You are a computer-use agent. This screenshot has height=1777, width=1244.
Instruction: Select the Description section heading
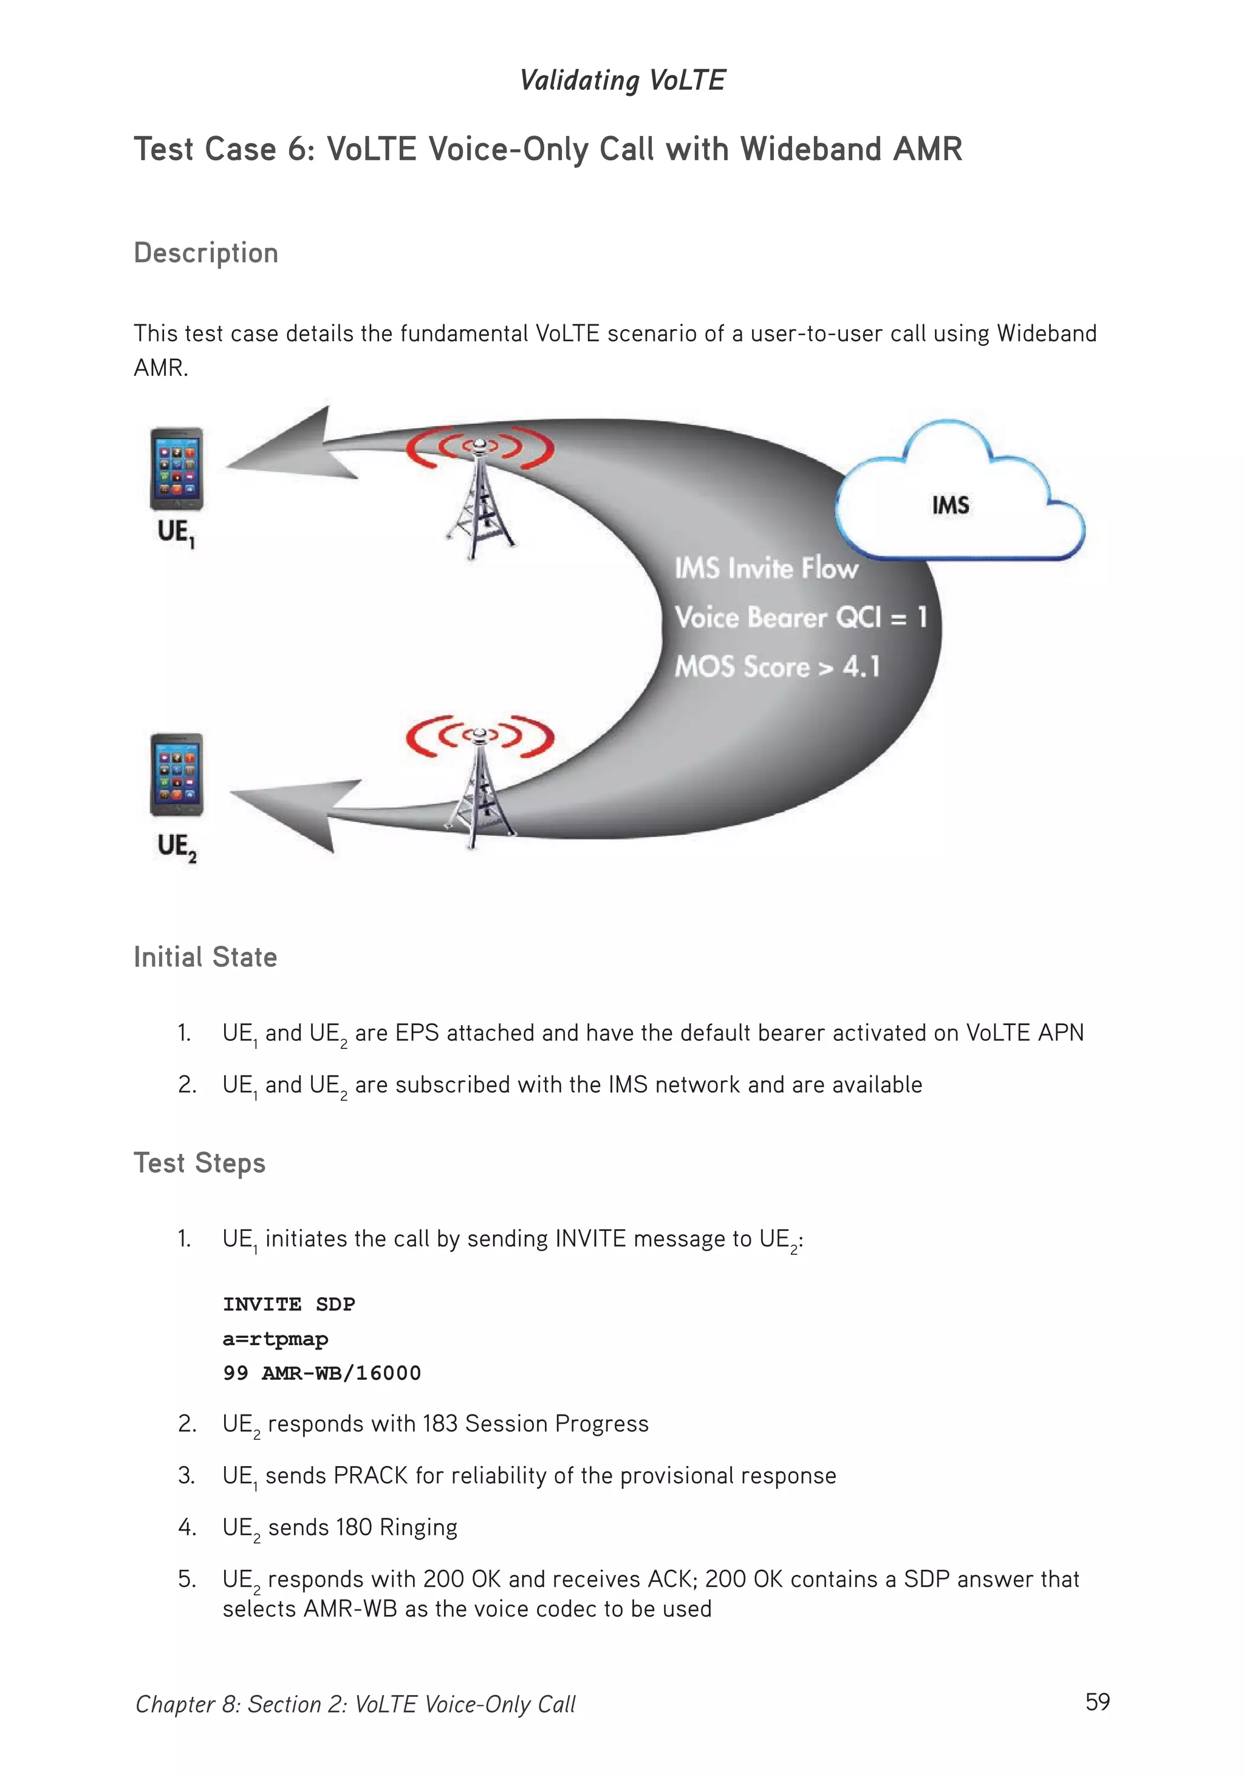(x=206, y=253)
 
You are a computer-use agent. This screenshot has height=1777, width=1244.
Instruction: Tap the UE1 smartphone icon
(x=177, y=469)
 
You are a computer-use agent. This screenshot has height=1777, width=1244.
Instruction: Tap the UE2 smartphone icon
(x=177, y=775)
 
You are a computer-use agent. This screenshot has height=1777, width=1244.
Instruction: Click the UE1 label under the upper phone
(x=176, y=533)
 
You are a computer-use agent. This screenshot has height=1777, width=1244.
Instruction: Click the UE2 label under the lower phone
(x=177, y=847)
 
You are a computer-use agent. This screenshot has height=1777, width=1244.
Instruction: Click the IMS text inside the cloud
(x=950, y=506)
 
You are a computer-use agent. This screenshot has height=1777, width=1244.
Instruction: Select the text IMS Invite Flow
(x=765, y=569)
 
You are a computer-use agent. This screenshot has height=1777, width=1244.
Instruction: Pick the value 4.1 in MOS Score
(x=861, y=666)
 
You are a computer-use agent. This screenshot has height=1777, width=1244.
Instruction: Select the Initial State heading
(x=205, y=957)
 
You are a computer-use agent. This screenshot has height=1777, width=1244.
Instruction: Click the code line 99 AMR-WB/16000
(x=322, y=1373)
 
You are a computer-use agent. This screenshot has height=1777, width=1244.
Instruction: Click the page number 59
(x=1097, y=1701)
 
